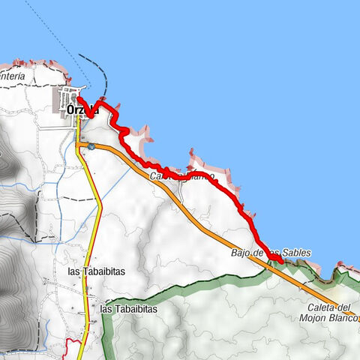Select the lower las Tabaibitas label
pos(128,308)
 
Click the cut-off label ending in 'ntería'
pos(13,76)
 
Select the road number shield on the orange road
pos(91,147)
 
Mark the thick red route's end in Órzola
pos(79,99)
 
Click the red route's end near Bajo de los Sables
pos(281,260)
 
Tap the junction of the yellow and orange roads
pos(79,142)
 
